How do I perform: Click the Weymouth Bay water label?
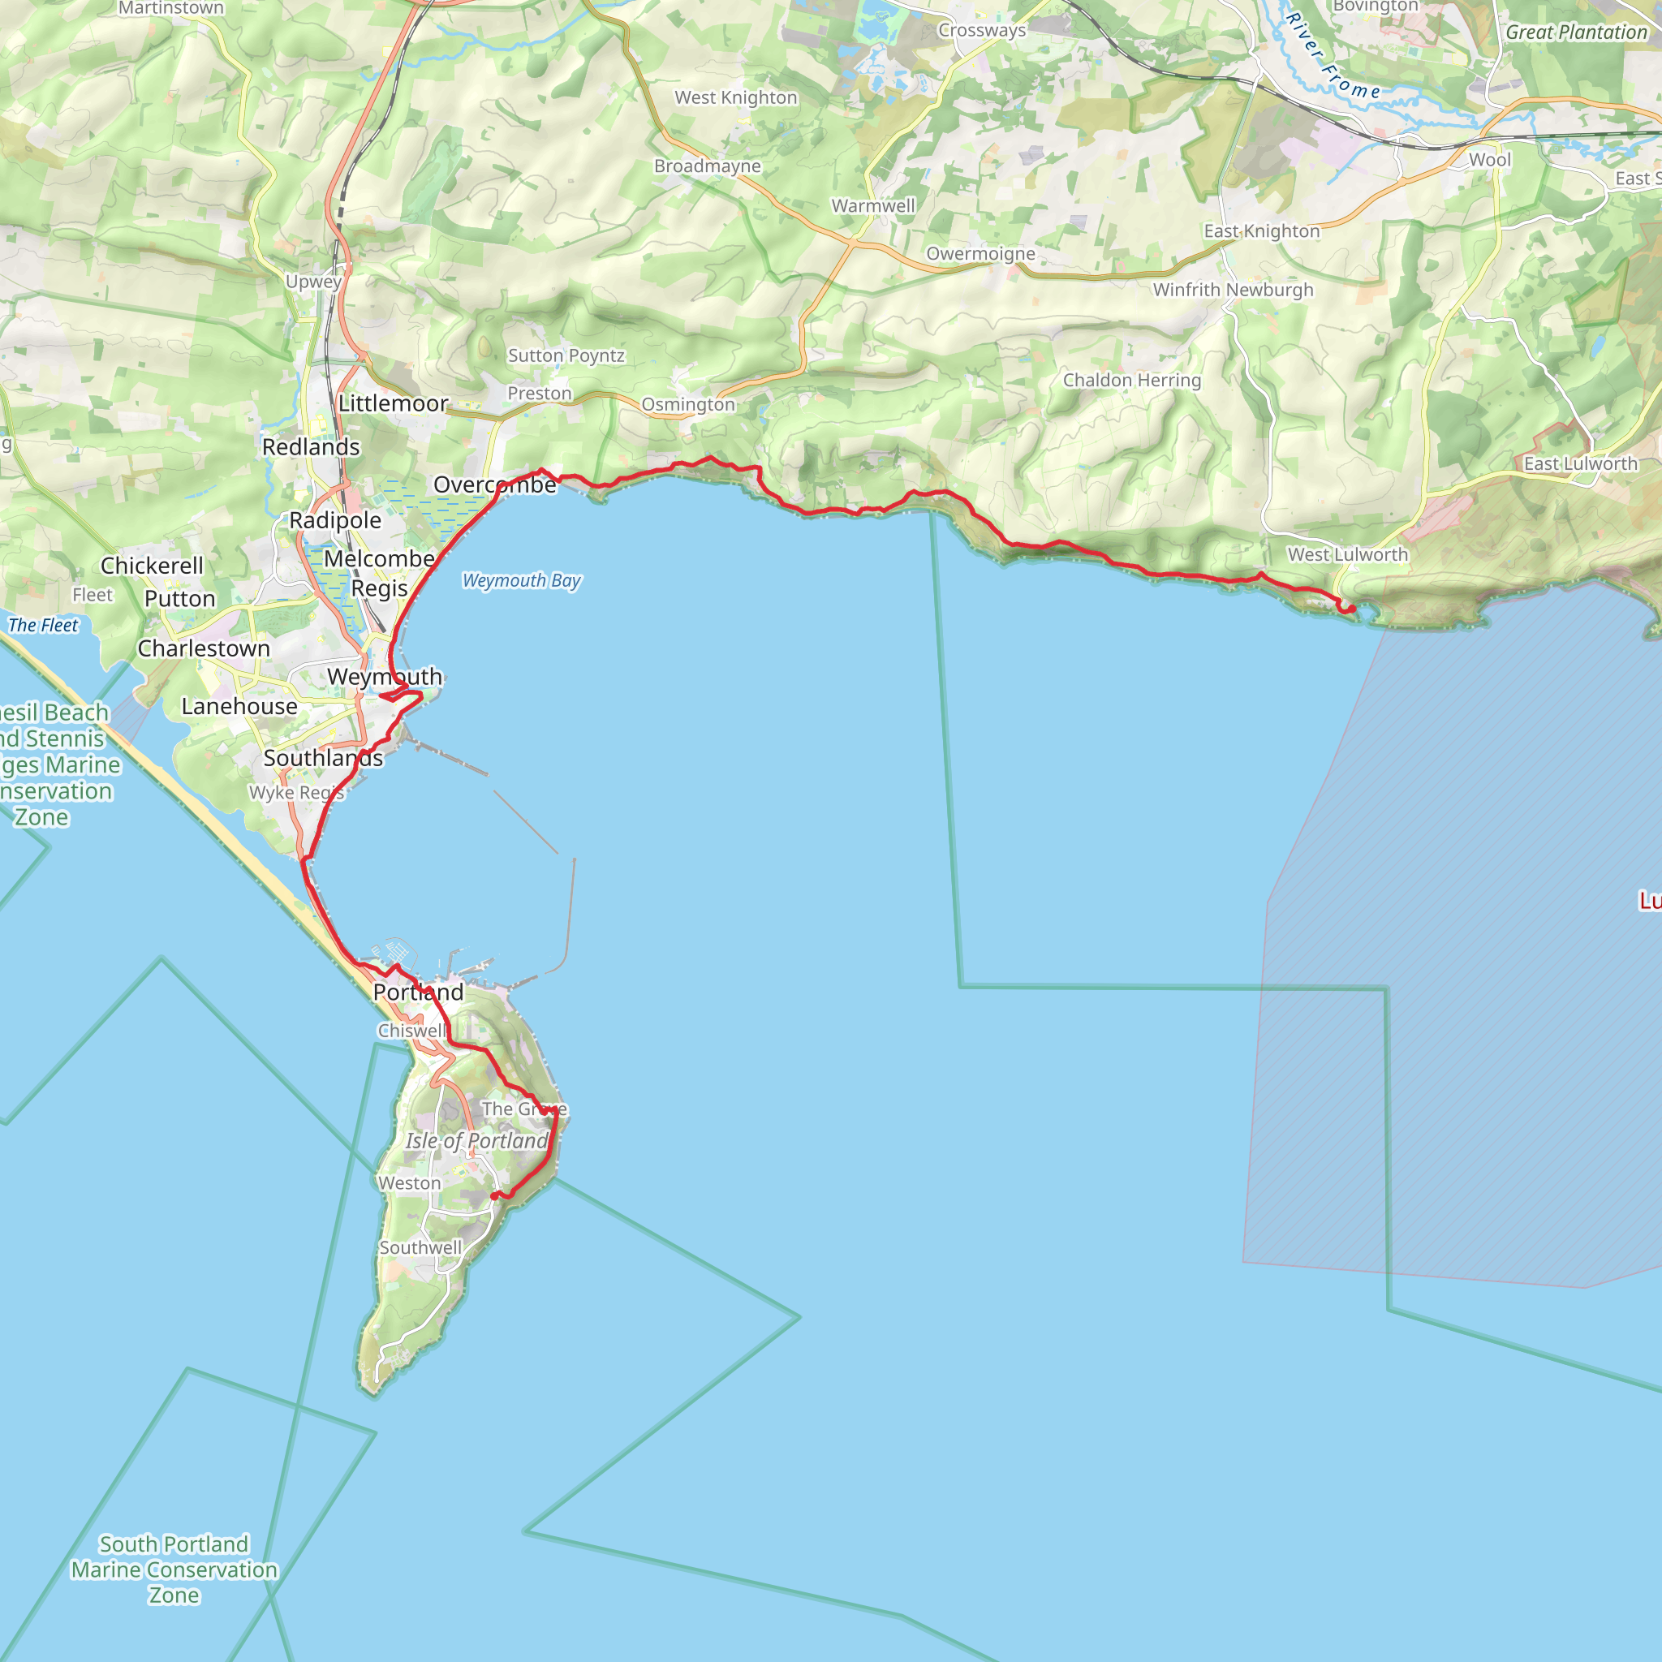tap(521, 581)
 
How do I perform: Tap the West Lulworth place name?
tap(1347, 555)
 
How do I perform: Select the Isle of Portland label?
tap(476, 1141)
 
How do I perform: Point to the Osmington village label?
tap(688, 404)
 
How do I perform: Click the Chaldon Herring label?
tap(1131, 381)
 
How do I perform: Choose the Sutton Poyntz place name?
tap(566, 355)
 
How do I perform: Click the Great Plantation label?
tap(1575, 32)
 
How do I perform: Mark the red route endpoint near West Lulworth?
tap(1351, 609)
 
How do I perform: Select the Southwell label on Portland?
tap(420, 1247)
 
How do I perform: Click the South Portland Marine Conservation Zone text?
tap(174, 1569)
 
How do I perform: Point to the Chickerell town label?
tap(153, 566)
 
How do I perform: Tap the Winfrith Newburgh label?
tap(1233, 290)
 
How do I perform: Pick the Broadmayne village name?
tap(707, 166)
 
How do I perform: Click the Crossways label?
tap(982, 30)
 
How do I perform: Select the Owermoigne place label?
tap(980, 254)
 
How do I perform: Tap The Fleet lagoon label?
tap(43, 626)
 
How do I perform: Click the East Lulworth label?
tap(1580, 463)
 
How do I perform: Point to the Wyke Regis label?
tap(296, 792)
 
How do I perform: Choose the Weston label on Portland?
tap(410, 1183)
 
